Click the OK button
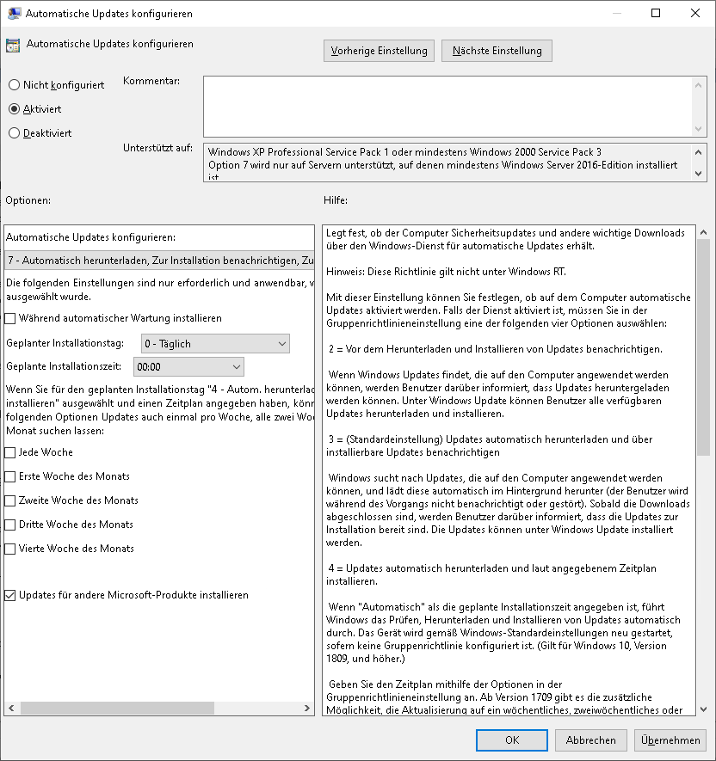[512, 740]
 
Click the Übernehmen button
[670, 740]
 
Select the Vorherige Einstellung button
[379, 51]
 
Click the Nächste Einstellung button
[497, 51]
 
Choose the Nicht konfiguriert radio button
[14, 85]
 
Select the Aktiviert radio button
[14, 109]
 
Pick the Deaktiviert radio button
[14, 133]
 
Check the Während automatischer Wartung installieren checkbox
[10, 318]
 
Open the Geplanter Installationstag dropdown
[214, 344]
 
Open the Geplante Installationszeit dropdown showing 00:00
[188, 367]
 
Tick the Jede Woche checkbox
[10, 452]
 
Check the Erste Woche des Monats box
[10, 476]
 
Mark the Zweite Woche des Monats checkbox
[10, 500]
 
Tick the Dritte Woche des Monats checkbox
[10, 525]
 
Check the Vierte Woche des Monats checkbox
[10, 549]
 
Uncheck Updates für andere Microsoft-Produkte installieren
[10, 595]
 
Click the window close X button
[695, 13]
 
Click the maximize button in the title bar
[656, 13]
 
